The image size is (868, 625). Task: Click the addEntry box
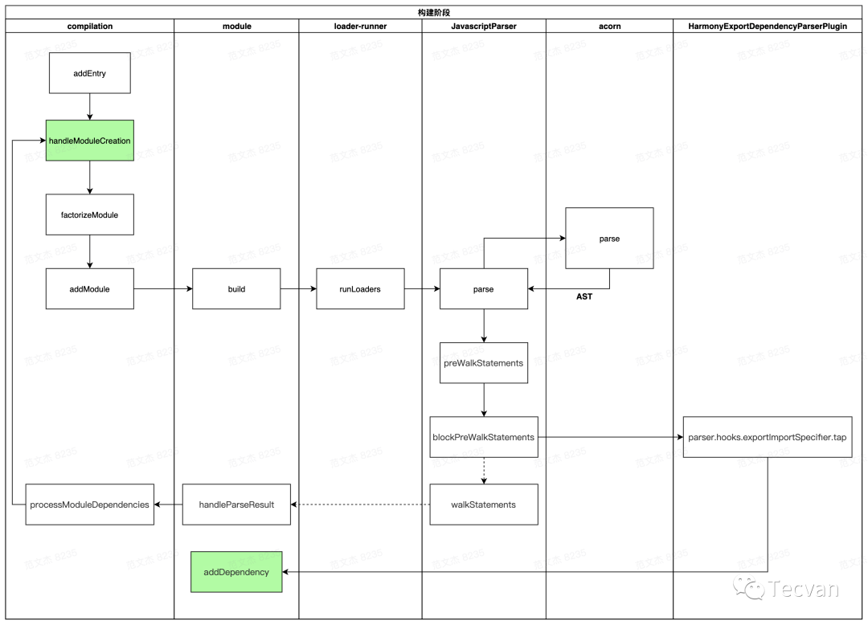(x=89, y=73)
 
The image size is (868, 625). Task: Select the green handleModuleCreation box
(x=89, y=141)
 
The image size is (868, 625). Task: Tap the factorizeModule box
(x=89, y=214)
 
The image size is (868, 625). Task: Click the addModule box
(x=89, y=288)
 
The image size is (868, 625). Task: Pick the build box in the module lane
(x=236, y=288)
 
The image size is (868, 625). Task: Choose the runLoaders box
(x=359, y=288)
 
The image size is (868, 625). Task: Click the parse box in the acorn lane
(x=609, y=239)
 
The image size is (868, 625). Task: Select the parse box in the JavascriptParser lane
(x=483, y=288)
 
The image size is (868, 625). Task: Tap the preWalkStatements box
(x=483, y=362)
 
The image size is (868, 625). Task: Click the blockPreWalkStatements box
(x=483, y=437)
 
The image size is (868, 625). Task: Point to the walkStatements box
(x=483, y=504)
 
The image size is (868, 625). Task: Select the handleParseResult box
(x=236, y=504)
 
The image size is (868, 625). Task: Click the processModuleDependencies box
(x=89, y=504)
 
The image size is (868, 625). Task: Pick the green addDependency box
(x=236, y=572)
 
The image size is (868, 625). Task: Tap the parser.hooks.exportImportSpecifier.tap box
(x=767, y=437)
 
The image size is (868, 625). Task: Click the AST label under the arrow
(x=584, y=297)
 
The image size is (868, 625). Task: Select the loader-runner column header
(x=360, y=27)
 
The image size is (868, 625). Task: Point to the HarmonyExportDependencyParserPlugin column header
(x=769, y=27)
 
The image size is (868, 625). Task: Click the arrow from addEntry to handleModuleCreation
(x=89, y=107)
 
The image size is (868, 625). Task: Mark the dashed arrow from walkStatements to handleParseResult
(x=360, y=504)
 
